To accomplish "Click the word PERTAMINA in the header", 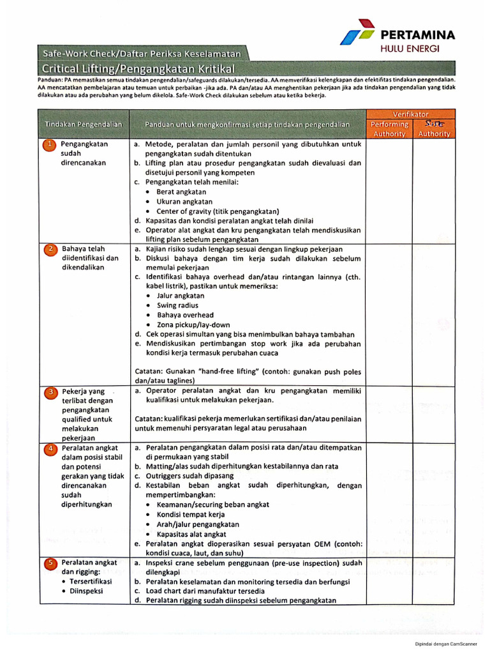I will pyautogui.click(x=417, y=35).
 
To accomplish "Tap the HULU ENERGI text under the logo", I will pyautogui.click(x=418, y=49).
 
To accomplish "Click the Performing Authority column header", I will pyautogui.click(x=389, y=128).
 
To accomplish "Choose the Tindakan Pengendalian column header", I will pyautogui.click(x=84, y=123).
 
